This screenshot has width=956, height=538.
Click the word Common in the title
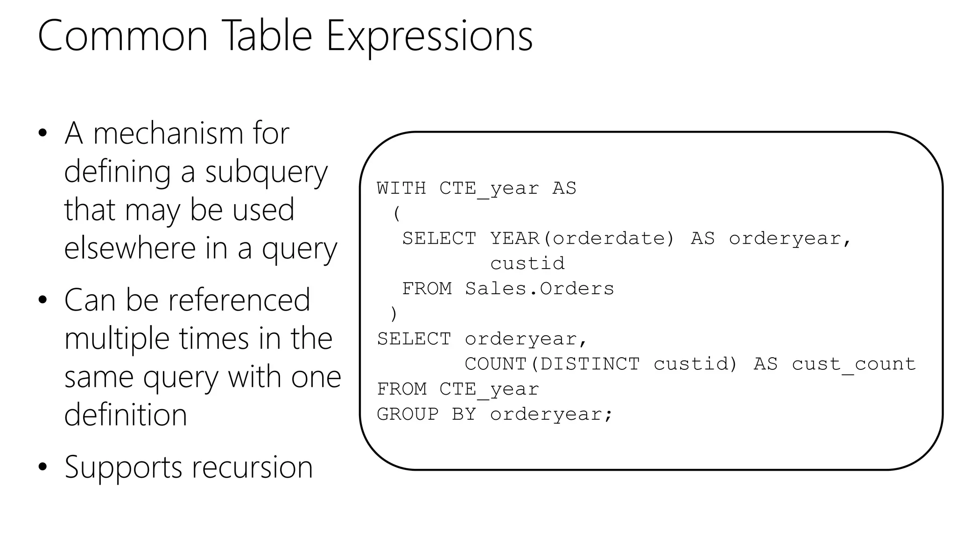click(x=122, y=36)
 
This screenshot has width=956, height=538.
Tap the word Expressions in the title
click(x=429, y=36)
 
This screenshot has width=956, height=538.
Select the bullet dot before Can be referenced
click(x=43, y=300)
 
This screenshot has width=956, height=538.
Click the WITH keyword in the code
click(x=401, y=188)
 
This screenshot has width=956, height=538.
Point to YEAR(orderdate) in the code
click(x=582, y=239)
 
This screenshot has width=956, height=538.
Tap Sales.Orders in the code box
click(x=539, y=289)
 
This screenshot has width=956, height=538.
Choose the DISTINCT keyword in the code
click(x=589, y=364)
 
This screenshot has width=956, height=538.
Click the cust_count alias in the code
click(x=854, y=364)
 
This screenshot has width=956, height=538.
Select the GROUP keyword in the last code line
click(x=408, y=414)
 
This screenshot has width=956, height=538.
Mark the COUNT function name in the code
click(x=495, y=364)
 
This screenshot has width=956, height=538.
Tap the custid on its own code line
click(x=527, y=264)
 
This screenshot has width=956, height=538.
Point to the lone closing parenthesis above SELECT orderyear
click(x=394, y=314)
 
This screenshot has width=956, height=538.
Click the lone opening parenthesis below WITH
click(x=397, y=214)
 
